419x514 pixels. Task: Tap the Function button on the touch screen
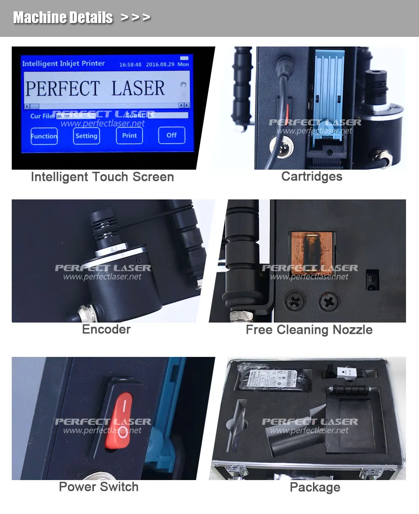(x=44, y=136)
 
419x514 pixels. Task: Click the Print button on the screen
(x=129, y=136)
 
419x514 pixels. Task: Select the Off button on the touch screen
(x=171, y=135)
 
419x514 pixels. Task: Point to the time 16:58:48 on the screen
(x=130, y=65)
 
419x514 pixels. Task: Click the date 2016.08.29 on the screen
(x=160, y=65)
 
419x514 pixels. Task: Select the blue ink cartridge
(x=328, y=96)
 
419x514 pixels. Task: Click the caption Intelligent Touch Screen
(x=102, y=177)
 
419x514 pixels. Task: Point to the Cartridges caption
(x=312, y=177)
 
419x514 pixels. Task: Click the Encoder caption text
(x=106, y=330)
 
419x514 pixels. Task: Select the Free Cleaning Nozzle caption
(x=309, y=330)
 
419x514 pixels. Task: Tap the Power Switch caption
(x=98, y=487)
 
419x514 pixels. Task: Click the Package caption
(x=315, y=488)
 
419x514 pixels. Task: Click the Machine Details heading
(x=63, y=18)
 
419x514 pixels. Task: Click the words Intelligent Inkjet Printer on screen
(x=63, y=64)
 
